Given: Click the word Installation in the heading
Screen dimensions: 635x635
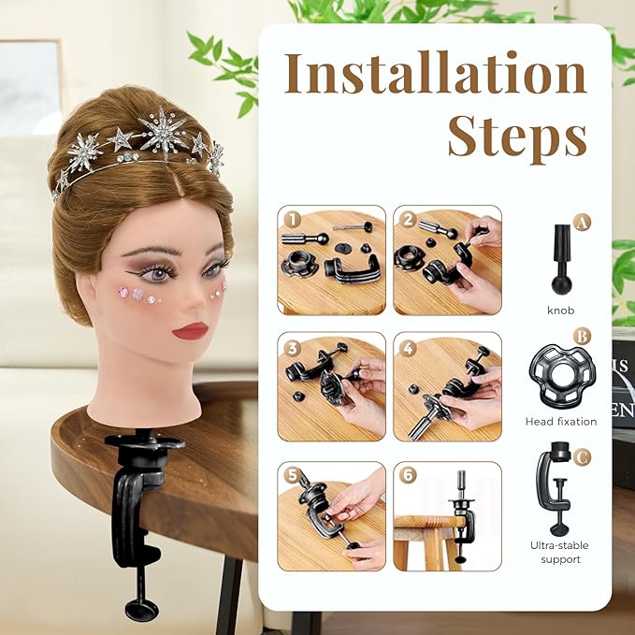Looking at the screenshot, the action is [436, 73].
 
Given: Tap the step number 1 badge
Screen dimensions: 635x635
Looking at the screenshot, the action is [292, 220].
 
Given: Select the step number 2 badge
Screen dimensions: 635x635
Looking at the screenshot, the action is [408, 220].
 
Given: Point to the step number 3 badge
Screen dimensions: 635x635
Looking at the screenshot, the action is [292, 348].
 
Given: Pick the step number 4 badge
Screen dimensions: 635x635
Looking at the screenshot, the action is [408, 348].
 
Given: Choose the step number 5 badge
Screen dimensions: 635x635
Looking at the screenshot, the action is [292, 475].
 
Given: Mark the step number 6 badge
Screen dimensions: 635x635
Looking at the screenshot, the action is [408, 475].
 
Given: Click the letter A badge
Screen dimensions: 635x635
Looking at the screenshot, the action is [582, 223].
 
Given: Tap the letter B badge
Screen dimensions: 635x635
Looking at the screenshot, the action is [582, 337].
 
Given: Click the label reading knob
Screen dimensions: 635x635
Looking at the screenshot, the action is [561, 310].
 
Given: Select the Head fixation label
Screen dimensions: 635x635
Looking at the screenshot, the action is [561, 422].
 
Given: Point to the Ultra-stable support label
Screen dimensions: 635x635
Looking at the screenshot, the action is [559, 553].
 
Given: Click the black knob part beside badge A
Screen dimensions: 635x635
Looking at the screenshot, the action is [562, 259].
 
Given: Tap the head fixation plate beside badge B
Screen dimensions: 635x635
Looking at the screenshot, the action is [562, 376].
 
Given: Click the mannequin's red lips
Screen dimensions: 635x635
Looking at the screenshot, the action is [191, 331].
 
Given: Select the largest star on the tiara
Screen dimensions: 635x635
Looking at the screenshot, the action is [164, 132].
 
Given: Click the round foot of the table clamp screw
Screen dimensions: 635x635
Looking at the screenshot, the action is [141, 610].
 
